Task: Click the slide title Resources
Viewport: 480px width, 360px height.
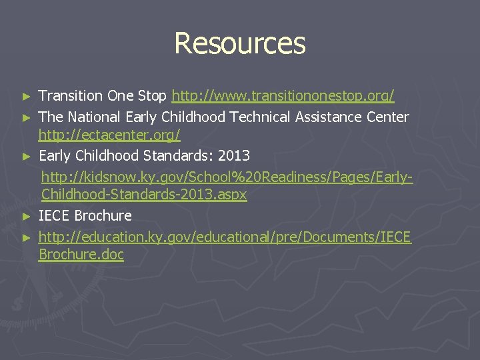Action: pyautogui.click(x=240, y=43)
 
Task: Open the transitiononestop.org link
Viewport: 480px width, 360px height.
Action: pyautogui.click(x=283, y=97)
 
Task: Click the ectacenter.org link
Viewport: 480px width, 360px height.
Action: pyautogui.click(x=109, y=136)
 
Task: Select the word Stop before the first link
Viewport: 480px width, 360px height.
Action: pyautogui.click(x=153, y=97)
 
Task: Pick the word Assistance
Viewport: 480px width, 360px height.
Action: pyautogui.click(x=331, y=117)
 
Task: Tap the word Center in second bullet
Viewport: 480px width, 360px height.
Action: pyautogui.click(x=387, y=117)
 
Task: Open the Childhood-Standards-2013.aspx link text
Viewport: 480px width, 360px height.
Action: pyautogui.click(x=144, y=195)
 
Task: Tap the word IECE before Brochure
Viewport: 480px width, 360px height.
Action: pyautogui.click(x=55, y=216)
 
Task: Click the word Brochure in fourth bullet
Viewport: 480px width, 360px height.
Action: pyautogui.click(x=103, y=216)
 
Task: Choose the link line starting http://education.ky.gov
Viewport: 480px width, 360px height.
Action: pyautogui.click(x=225, y=237)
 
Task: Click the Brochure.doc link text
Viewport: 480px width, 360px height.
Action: pyautogui.click(x=81, y=255)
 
